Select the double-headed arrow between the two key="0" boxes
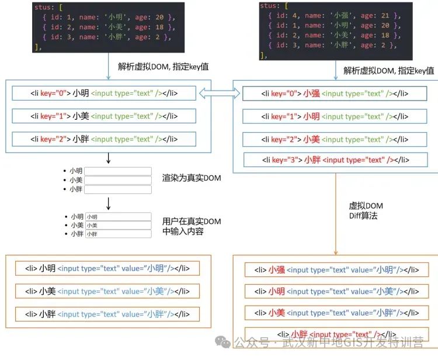click(220, 93)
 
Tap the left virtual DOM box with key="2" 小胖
click(104, 139)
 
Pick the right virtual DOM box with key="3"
click(336, 160)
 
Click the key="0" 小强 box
click(335, 94)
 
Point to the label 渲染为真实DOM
click(192, 178)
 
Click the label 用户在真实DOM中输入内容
click(192, 226)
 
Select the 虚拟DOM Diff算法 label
click(366, 211)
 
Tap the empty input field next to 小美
click(118, 180)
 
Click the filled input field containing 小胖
click(119, 234)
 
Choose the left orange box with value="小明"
click(107, 268)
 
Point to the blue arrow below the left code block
click(108, 66)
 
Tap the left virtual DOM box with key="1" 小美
click(104, 116)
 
